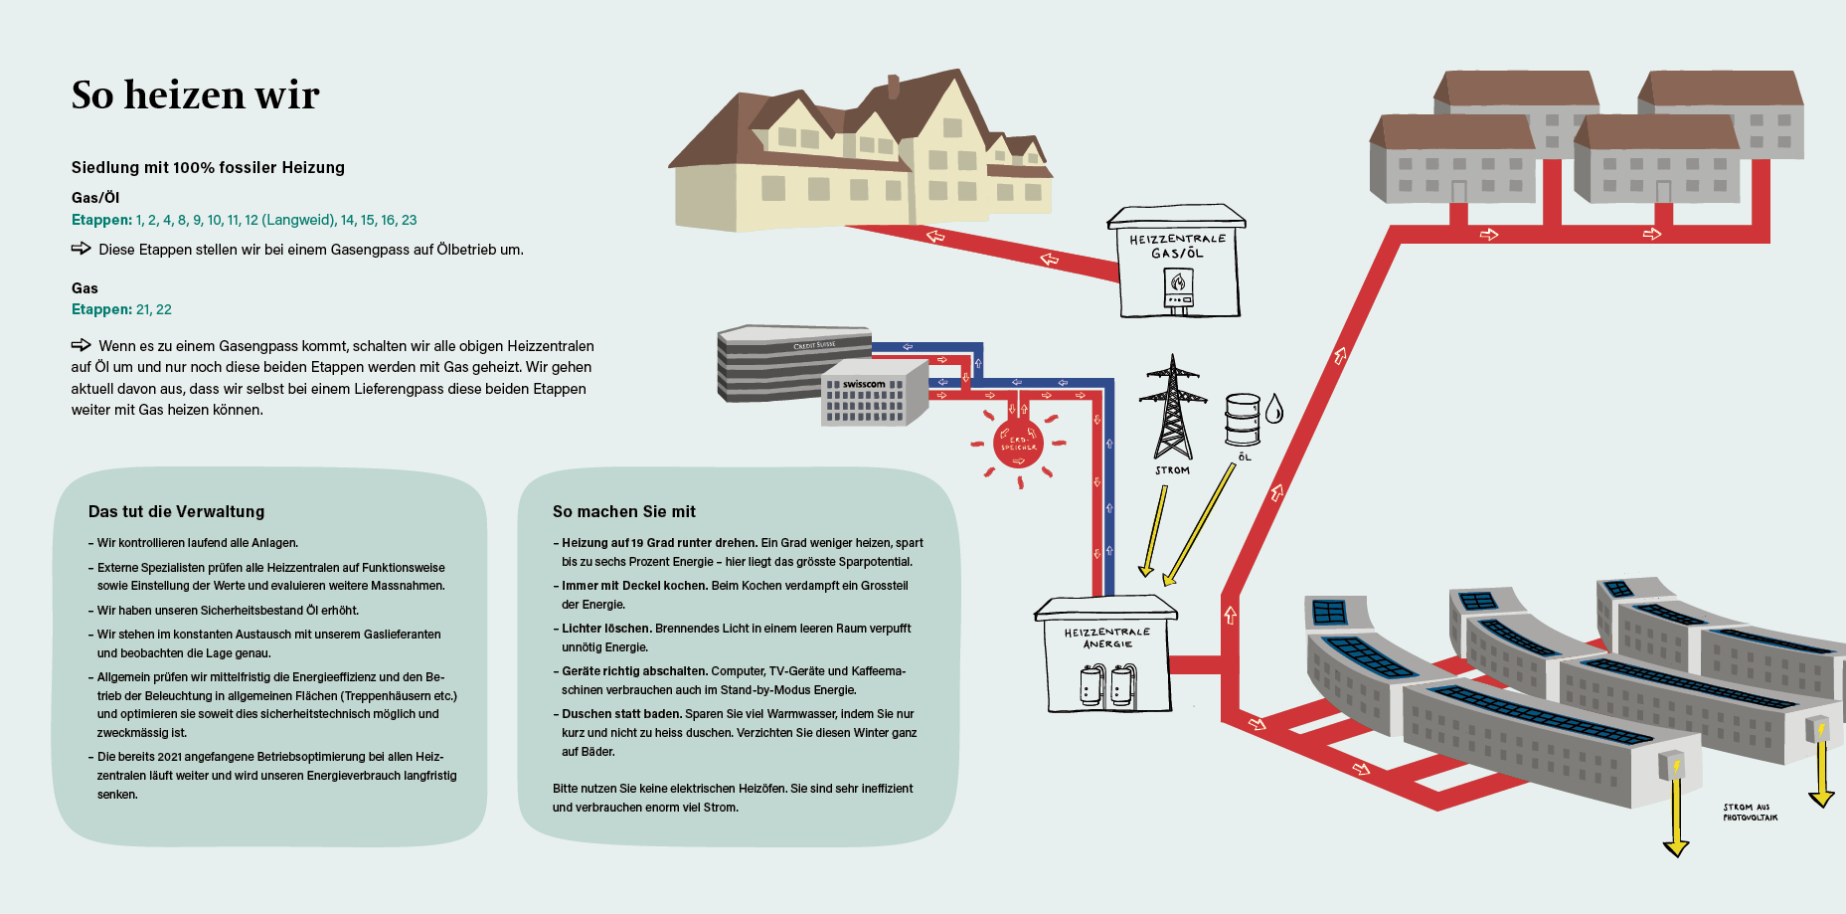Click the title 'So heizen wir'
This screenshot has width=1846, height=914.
pyautogui.click(x=195, y=95)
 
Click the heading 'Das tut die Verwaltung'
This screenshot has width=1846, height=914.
pyautogui.click(x=176, y=511)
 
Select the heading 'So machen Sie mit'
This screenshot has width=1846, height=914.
pyautogui.click(x=623, y=511)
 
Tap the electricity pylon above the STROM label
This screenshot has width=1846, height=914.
pyautogui.click(x=1173, y=409)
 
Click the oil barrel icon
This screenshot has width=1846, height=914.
pyautogui.click(x=1242, y=420)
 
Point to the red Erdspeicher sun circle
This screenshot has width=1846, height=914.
pyautogui.click(x=1018, y=444)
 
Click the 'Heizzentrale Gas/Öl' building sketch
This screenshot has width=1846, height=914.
pyautogui.click(x=1178, y=264)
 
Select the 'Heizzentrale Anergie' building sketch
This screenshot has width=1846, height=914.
pyautogui.click(x=1106, y=656)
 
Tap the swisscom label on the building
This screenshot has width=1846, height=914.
pyautogui.click(x=864, y=384)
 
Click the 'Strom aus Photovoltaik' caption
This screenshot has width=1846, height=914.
pyautogui.click(x=1750, y=813)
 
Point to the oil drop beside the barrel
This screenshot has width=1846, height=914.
pyautogui.click(x=1274, y=408)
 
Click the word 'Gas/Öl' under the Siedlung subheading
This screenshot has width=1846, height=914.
pyautogui.click(x=95, y=198)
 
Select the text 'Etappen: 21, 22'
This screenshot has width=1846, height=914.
pyautogui.click(x=121, y=309)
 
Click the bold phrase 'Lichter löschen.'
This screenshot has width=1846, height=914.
pyautogui.click(x=606, y=629)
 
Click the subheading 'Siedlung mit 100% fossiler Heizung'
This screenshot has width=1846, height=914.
pyautogui.click(x=208, y=167)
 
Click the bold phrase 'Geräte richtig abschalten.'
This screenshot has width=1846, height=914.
pyautogui.click(x=634, y=671)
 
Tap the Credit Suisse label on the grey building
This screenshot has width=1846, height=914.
pyautogui.click(x=814, y=345)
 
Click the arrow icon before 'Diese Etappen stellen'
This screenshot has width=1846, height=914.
pyautogui.click(x=81, y=249)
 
